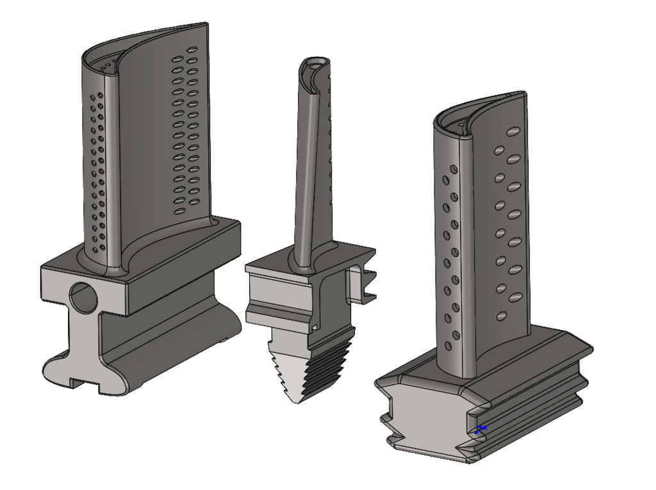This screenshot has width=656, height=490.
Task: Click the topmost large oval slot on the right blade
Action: point(512,131)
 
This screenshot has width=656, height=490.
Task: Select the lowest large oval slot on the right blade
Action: point(502,316)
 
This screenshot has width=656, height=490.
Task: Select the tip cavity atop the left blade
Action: point(115,61)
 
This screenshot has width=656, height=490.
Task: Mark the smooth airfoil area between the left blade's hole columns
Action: point(141,160)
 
